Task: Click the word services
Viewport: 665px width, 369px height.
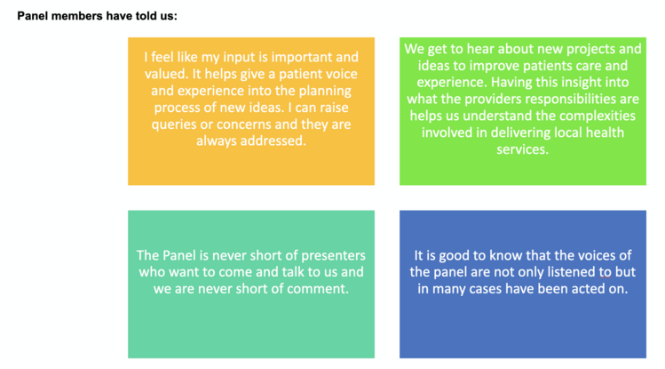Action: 522,150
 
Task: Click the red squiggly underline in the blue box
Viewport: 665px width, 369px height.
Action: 606,277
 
